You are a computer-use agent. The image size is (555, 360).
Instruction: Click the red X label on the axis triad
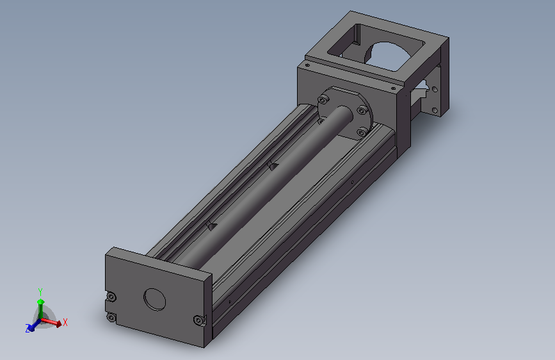(65, 322)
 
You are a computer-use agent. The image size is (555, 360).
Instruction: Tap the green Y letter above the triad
(40, 292)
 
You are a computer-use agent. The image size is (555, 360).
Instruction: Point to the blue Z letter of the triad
(28, 329)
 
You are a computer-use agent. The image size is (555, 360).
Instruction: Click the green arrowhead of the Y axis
(41, 302)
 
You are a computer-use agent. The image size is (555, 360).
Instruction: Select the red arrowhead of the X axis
(58, 324)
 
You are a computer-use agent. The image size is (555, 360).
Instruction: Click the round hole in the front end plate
(155, 299)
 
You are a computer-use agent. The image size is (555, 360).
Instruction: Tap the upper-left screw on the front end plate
(111, 297)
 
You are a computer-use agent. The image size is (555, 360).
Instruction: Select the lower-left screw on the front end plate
(111, 318)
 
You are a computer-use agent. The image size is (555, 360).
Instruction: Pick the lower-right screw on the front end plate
(199, 321)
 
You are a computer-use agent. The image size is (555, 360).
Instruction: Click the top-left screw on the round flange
(323, 100)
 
